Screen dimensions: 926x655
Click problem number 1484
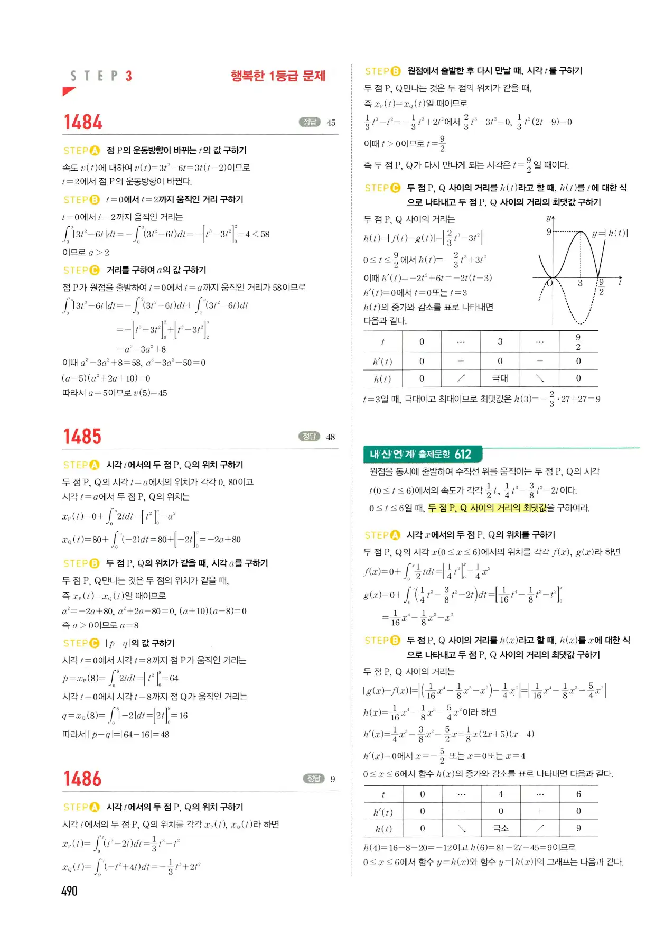point(83,123)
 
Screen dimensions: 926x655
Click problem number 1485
point(82,437)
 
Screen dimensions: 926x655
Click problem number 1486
point(82,779)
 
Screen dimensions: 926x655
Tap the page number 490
point(69,891)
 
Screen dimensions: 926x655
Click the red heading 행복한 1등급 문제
point(278,76)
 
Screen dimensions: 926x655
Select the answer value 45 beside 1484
point(331,123)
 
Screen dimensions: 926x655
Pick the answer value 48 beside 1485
point(331,437)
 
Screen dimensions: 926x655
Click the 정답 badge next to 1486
point(313,779)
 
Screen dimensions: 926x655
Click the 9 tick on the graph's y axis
point(549,232)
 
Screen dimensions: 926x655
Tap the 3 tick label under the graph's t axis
point(580,283)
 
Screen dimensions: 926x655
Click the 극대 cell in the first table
point(500,378)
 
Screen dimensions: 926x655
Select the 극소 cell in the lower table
point(500,828)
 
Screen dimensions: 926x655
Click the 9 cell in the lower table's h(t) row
point(578,828)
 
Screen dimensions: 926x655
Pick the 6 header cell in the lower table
point(578,794)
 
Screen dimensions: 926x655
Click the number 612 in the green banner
point(463,454)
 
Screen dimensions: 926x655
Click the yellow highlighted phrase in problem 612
point(486,508)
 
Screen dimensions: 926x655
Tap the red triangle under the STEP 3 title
point(69,91)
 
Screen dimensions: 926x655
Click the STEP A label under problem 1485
point(81,465)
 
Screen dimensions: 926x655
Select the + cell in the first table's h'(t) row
point(461,361)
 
